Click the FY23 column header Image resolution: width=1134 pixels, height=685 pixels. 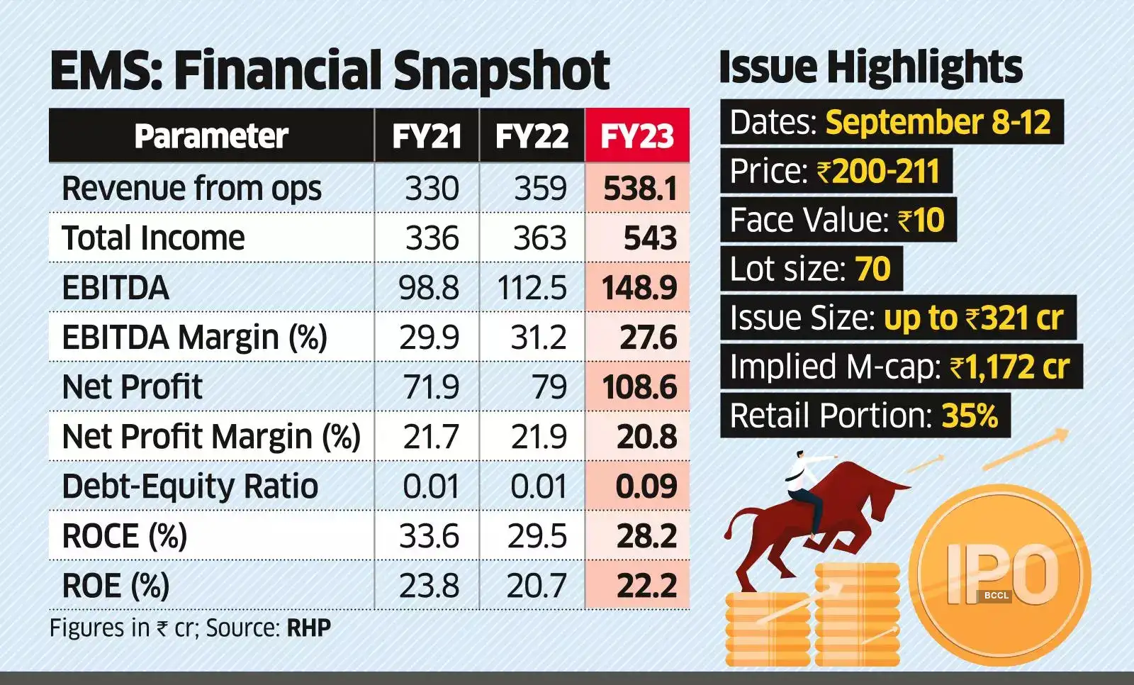point(636,136)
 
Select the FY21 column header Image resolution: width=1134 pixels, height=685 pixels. point(427,136)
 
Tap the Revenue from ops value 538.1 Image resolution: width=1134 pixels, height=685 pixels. point(640,189)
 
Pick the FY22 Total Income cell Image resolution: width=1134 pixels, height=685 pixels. point(539,238)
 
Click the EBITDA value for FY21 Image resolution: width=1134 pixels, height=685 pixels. point(428,288)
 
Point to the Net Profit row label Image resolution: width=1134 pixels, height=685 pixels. point(133,387)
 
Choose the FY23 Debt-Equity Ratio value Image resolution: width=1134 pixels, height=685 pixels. point(646,486)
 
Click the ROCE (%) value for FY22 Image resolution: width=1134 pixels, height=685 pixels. point(537,536)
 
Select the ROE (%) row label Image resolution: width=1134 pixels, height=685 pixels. point(116,586)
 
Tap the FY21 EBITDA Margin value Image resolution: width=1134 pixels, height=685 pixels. point(429,338)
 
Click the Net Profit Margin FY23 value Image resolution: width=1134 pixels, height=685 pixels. point(646,437)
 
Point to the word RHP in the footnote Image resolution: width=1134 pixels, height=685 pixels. point(308,628)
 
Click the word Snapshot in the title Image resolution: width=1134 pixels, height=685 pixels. point(500,71)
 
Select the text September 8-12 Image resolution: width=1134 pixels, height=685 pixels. point(938,122)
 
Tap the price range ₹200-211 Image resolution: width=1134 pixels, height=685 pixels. point(878,172)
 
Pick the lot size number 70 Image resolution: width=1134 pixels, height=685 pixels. point(872,269)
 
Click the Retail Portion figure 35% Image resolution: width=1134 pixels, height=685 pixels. point(969,416)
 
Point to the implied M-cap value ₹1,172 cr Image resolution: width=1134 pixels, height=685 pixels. point(1009,367)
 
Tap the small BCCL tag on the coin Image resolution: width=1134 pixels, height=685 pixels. point(996,596)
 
